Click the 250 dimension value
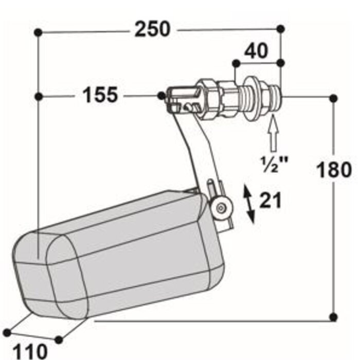coord(152,29)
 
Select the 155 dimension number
coord(100,95)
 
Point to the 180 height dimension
coord(334,169)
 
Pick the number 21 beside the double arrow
coord(271,201)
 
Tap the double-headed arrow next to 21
coord(249,204)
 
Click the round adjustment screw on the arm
coord(220,207)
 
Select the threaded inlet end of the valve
coord(276,96)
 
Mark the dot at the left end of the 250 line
coord(38,32)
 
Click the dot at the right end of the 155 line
coord(162,96)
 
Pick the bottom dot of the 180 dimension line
coord(334,317)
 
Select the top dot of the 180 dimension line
coord(334,98)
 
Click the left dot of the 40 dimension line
coord(236,63)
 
